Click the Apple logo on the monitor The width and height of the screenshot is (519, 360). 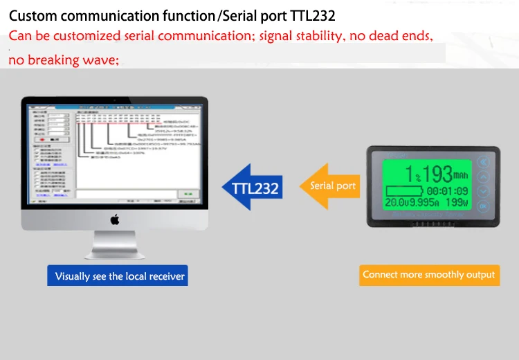pos(115,220)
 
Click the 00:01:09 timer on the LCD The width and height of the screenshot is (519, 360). pos(447,190)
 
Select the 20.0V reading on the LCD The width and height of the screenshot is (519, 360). pos(397,203)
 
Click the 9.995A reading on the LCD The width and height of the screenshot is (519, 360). pos(425,203)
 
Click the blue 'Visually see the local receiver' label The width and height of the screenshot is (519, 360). pos(120,276)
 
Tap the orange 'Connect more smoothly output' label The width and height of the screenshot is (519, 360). pos(428,275)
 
